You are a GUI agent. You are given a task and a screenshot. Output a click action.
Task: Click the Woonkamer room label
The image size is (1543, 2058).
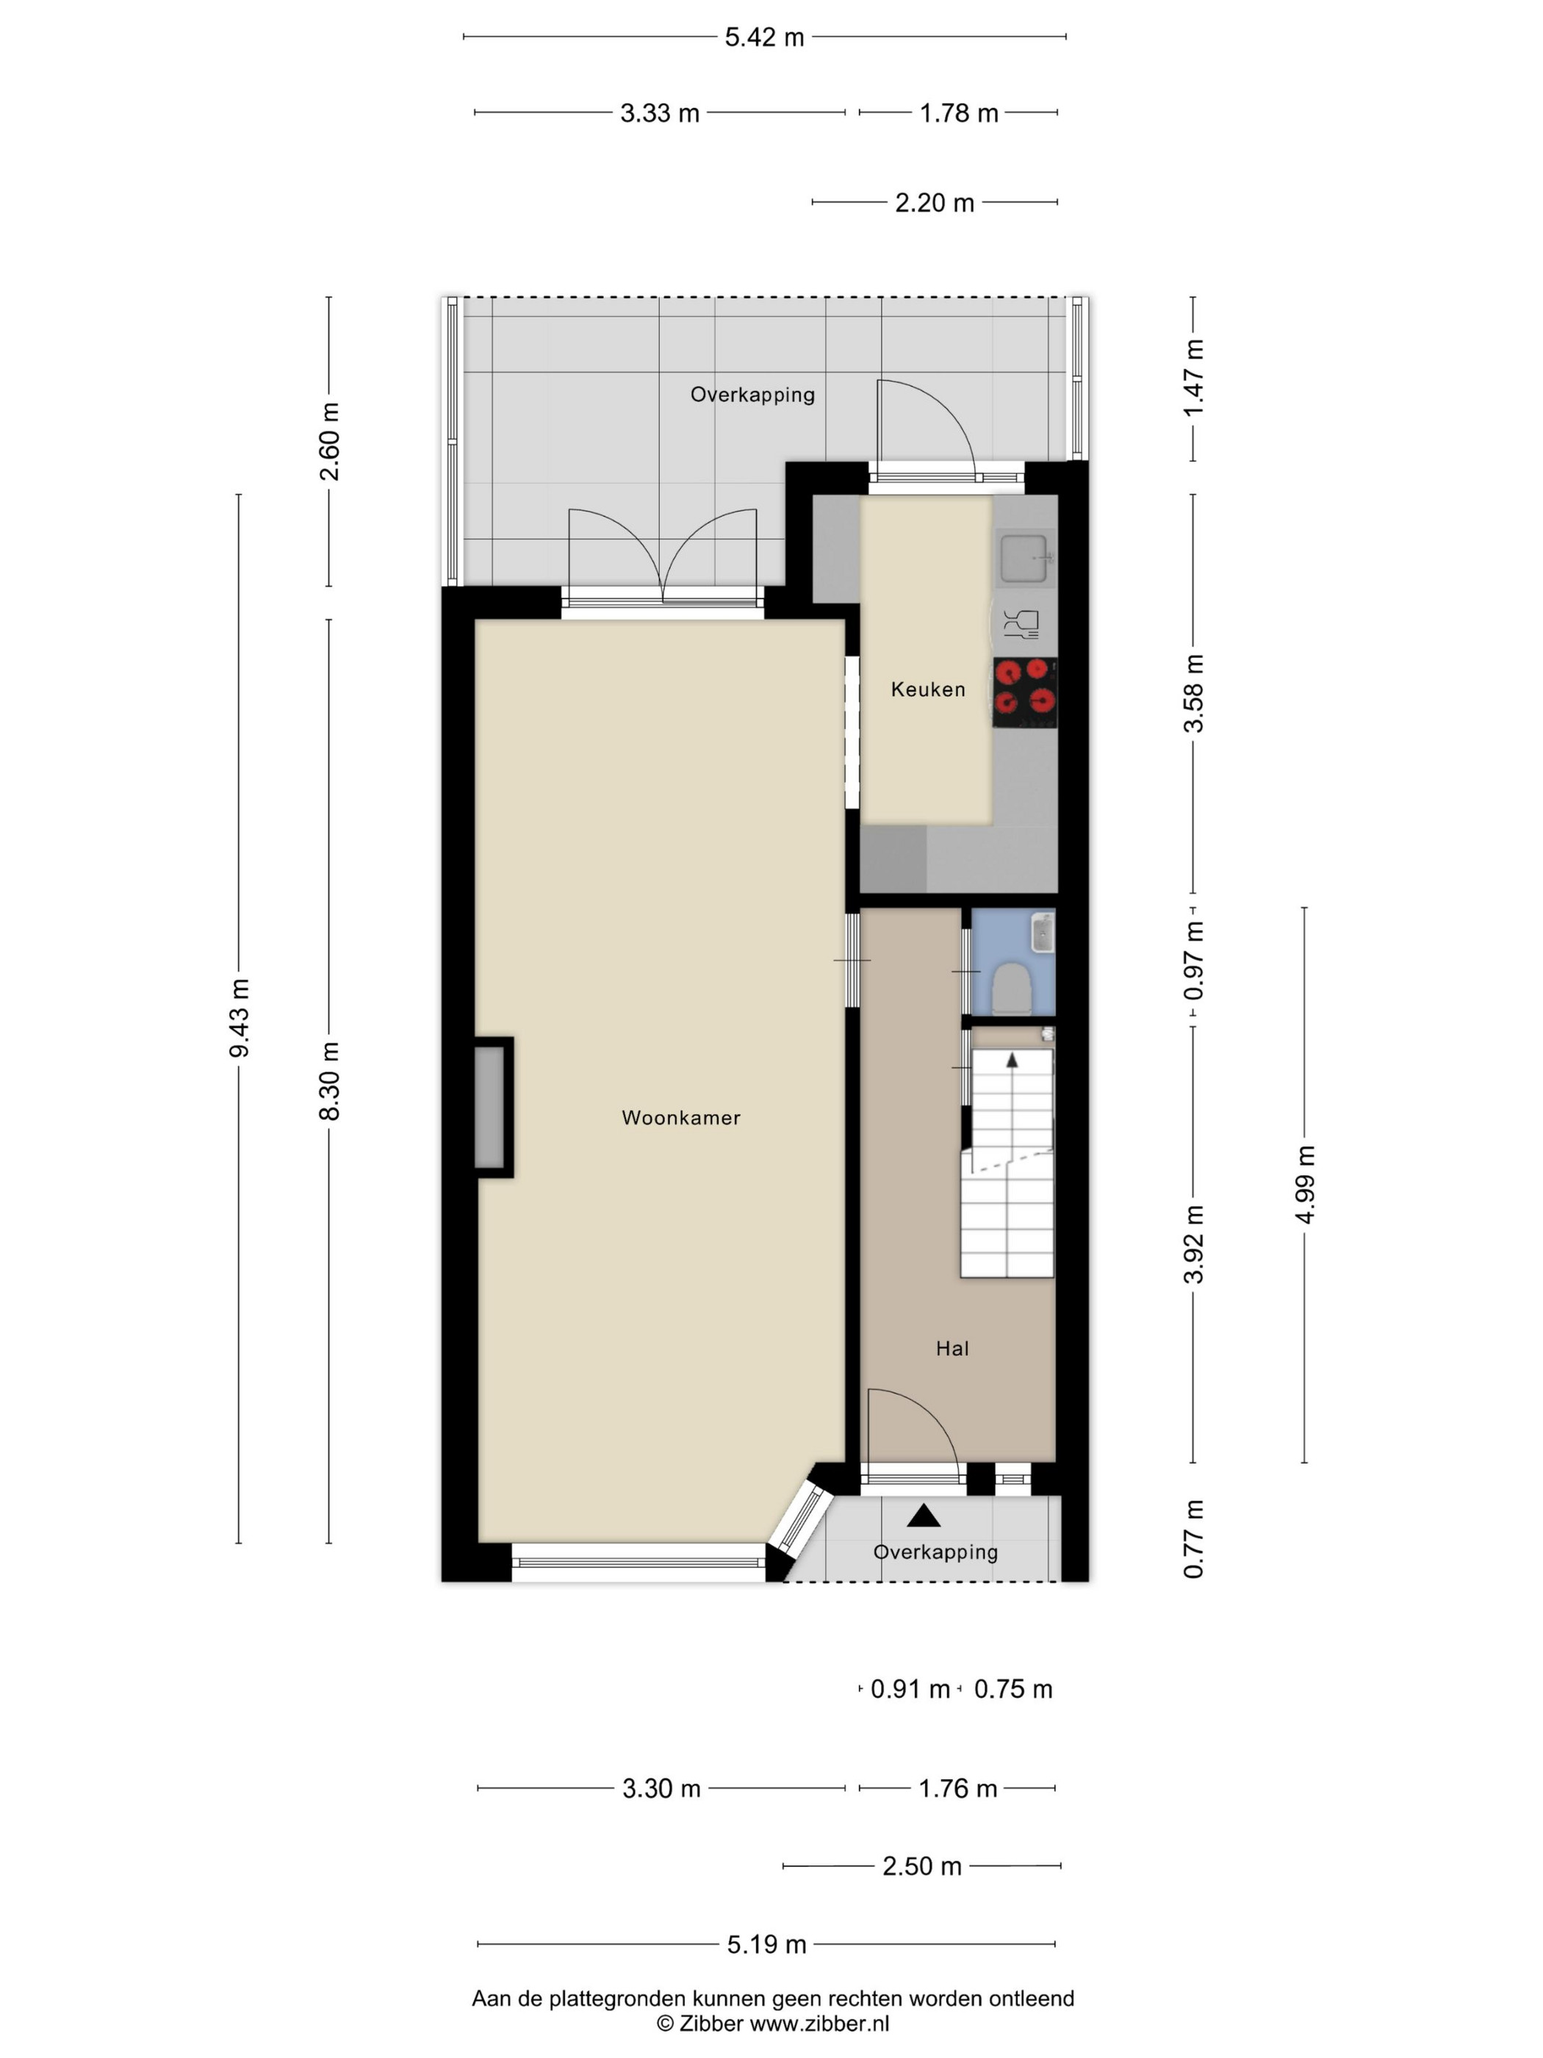pos(681,1117)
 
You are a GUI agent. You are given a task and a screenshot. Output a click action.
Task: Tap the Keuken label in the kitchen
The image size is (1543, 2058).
pos(927,689)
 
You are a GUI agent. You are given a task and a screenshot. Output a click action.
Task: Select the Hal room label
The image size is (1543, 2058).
pos(952,1348)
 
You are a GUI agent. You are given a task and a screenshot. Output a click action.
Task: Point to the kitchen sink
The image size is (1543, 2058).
pos(1025,558)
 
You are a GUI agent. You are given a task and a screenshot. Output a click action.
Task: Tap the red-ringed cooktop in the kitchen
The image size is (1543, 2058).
pos(1025,693)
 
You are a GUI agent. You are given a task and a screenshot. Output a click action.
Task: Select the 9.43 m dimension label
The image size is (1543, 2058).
pos(239,1018)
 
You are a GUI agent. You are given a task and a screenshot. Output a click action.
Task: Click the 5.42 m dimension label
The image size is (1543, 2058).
pos(765,38)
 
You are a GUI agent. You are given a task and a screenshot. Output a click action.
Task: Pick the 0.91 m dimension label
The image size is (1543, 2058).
pos(910,1688)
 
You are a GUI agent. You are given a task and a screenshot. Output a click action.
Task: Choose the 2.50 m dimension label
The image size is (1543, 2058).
pos(921,1865)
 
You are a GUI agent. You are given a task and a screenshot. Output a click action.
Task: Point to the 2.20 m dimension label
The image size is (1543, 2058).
pos(935,203)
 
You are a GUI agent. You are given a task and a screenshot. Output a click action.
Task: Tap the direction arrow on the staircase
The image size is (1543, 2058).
pos(1012,1060)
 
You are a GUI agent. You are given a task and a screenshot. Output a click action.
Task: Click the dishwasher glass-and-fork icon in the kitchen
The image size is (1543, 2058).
pos(1021,624)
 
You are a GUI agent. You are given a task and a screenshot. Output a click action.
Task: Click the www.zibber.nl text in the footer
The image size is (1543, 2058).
pos(819,2023)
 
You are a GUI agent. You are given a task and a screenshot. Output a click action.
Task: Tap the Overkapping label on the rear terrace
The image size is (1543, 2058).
pos(752,395)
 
